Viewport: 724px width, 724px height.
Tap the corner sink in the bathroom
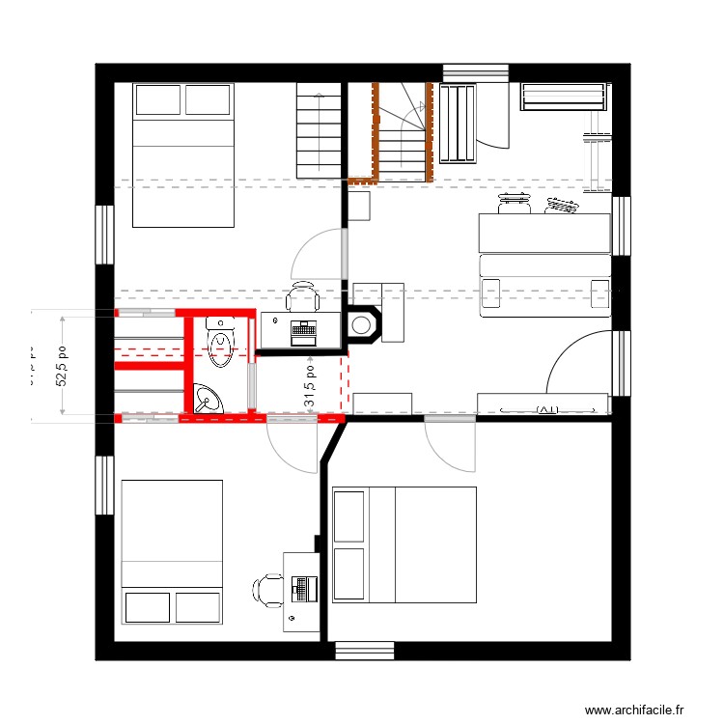tap(206, 399)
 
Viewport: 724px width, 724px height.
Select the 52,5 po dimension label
tap(62, 366)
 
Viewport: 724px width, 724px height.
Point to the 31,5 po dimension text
tap(310, 385)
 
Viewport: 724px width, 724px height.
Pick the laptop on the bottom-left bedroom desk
tap(305, 586)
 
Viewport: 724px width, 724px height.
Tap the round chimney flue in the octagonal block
tap(364, 325)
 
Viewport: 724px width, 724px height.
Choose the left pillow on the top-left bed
tap(158, 100)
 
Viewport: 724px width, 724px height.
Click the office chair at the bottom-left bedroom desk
tap(267, 588)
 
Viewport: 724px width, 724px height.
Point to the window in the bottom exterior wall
tap(365, 651)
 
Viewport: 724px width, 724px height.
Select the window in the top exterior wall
tap(476, 73)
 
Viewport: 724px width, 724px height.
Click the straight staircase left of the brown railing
tap(320, 130)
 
